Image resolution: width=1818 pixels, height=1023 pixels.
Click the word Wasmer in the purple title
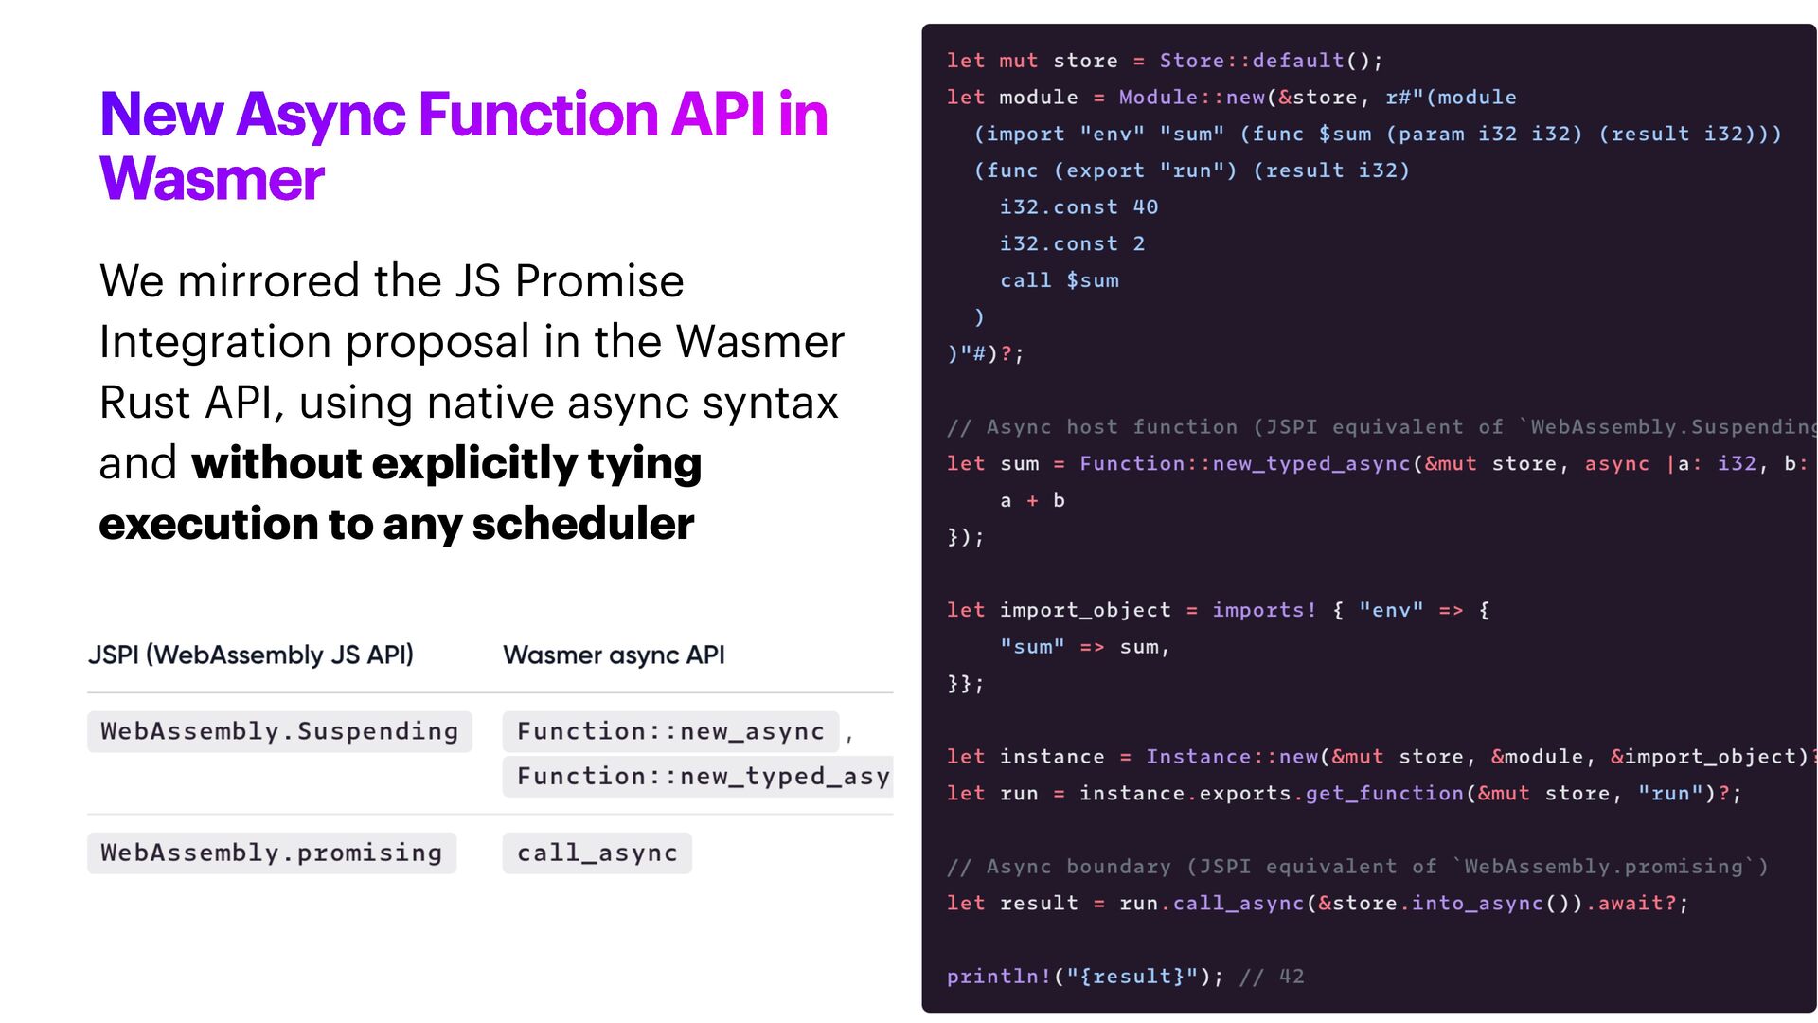coord(212,179)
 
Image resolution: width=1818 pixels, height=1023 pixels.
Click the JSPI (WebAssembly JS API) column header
coord(251,655)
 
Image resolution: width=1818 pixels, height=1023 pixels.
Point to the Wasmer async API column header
coord(614,655)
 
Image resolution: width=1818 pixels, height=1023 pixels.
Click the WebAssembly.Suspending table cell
coord(279,731)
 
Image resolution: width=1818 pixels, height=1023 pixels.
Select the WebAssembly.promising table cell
coord(272,852)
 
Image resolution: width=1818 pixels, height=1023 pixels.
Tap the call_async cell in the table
coord(597,852)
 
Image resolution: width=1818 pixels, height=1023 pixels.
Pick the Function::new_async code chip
coord(670,731)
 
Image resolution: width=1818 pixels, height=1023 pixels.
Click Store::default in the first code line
coord(1252,61)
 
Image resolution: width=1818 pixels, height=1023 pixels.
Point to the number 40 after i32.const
coord(1146,207)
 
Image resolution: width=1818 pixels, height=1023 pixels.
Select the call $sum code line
coord(1059,280)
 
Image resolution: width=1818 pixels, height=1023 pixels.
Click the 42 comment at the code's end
coord(1292,977)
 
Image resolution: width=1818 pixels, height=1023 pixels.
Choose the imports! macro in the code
coord(1264,610)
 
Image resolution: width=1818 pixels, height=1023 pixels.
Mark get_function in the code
coord(1384,794)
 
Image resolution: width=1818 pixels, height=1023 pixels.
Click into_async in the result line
coord(1477,904)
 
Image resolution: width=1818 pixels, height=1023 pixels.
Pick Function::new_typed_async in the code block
coord(1245,464)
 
